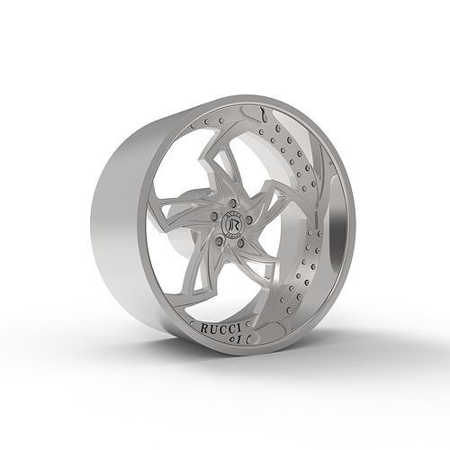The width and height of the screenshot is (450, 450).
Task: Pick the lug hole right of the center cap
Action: (x=248, y=219)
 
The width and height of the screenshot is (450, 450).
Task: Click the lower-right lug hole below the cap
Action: (x=240, y=242)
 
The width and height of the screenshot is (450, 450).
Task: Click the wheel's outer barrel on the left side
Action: (x=121, y=225)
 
